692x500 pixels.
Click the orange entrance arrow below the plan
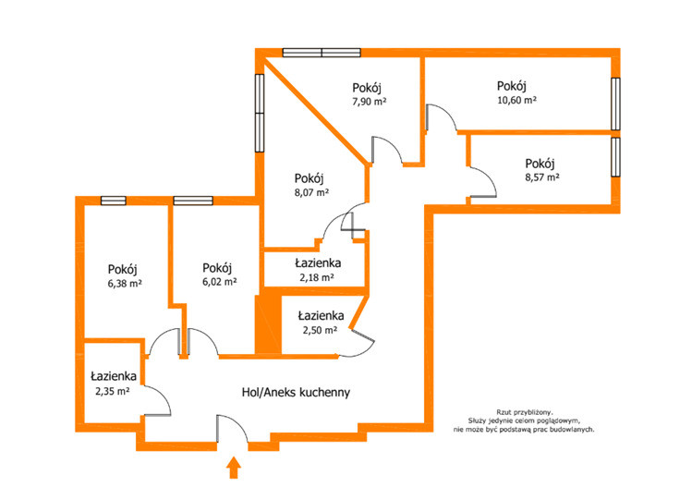234,468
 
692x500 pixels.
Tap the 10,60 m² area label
516,100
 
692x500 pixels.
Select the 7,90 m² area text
369,102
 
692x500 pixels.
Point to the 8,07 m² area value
311,192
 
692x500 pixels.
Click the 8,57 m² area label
542,177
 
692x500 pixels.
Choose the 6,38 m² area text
125,284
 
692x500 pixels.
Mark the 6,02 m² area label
220,282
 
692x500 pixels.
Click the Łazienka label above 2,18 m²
318,263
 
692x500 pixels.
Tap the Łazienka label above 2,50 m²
321,315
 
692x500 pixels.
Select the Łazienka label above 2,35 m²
114,376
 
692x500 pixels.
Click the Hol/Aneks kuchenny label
296,392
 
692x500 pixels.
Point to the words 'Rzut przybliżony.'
524,412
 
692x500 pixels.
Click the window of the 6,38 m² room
114,201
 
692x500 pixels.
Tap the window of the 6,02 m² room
193,201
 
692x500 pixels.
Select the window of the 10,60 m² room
615,104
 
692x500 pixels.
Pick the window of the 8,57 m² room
615,157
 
